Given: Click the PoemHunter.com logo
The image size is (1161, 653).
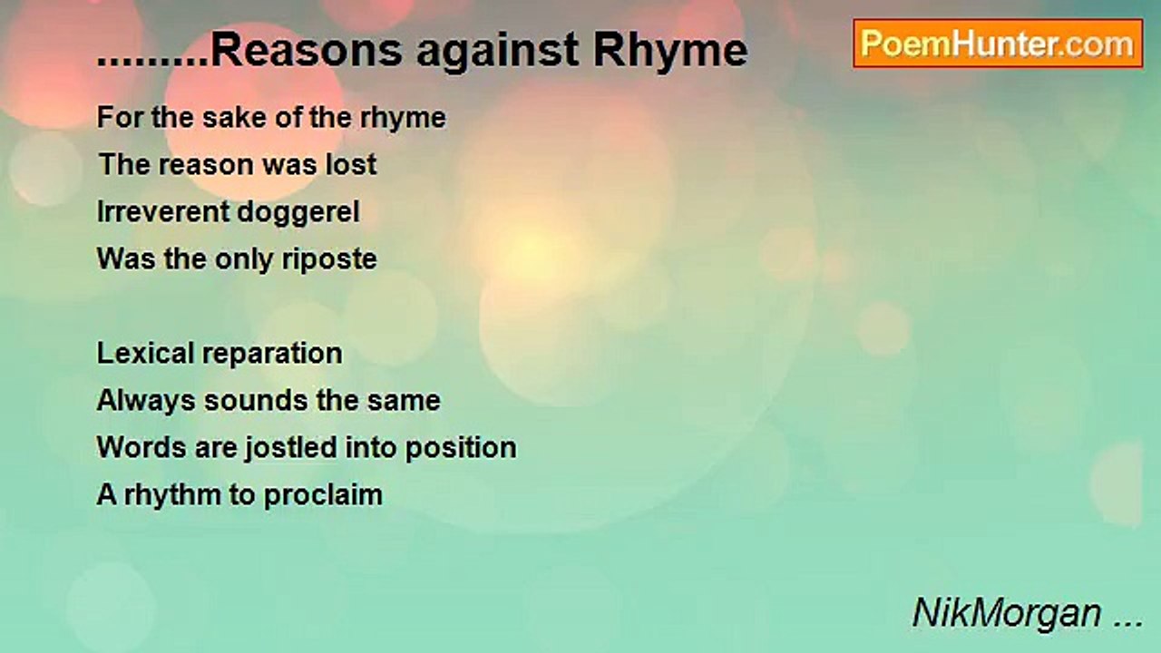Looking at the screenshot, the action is click(998, 44).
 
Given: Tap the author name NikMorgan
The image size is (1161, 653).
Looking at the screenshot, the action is click(1007, 613).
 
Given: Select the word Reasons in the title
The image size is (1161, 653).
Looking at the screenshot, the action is click(307, 50).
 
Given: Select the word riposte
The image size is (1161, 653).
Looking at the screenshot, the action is click(329, 260).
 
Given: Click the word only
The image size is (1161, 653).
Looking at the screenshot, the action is click(244, 260).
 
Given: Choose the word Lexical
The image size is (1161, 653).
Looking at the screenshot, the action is click(145, 353).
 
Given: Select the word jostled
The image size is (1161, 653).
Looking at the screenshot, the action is click(290, 448).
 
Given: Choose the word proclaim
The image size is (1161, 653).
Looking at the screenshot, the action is click(323, 496).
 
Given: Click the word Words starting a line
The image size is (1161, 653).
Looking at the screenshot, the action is click(141, 447).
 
